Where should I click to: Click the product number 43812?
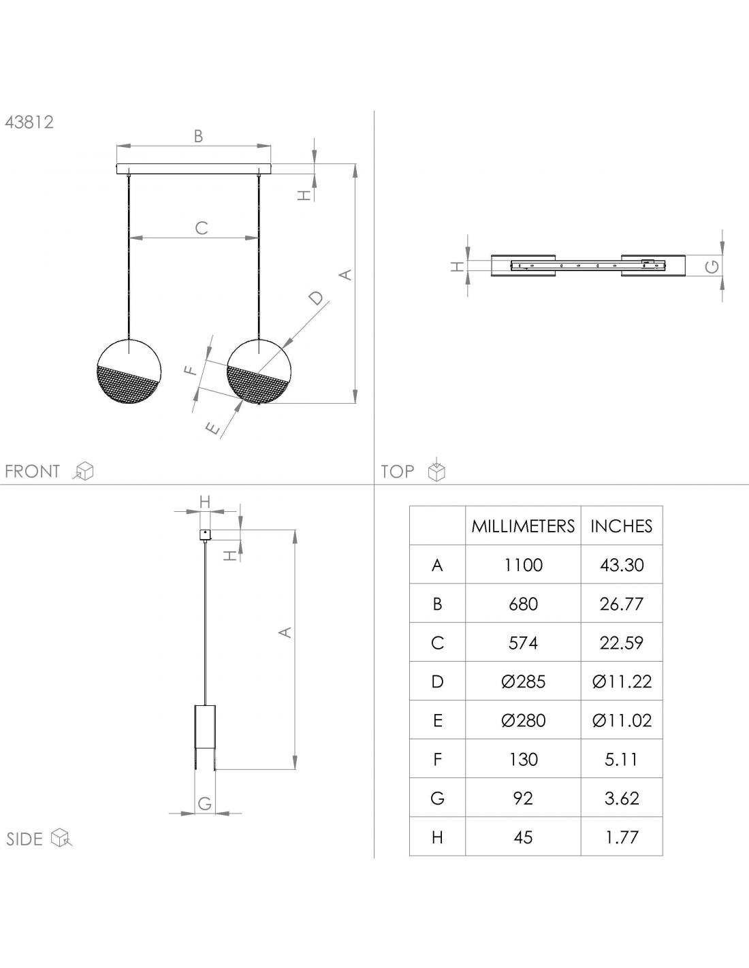tap(29, 122)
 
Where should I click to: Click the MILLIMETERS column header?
tap(523, 526)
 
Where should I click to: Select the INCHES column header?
tap(622, 526)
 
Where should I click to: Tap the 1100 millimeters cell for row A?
tap(523, 565)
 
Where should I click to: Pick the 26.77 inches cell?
tap(622, 604)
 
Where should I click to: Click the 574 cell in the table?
tap(523, 643)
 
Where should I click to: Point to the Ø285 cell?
tap(523, 681)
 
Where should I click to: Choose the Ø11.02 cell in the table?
tap(622, 720)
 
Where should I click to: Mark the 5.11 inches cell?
tap(622, 759)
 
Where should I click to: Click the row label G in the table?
tap(437, 798)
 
